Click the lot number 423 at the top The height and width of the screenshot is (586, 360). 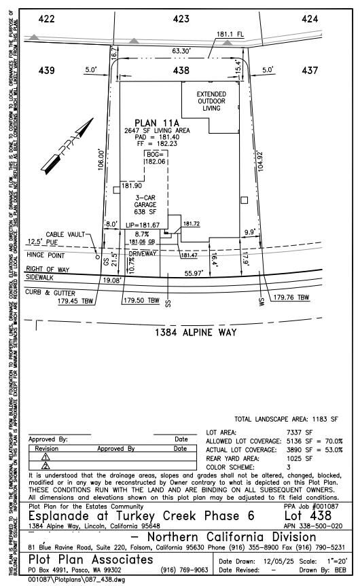point(181,20)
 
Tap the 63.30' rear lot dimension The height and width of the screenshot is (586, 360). point(181,51)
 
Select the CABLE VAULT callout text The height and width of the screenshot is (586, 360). point(65,234)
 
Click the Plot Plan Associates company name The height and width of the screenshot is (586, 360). point(90,559)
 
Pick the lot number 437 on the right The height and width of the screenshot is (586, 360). point(310,70)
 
